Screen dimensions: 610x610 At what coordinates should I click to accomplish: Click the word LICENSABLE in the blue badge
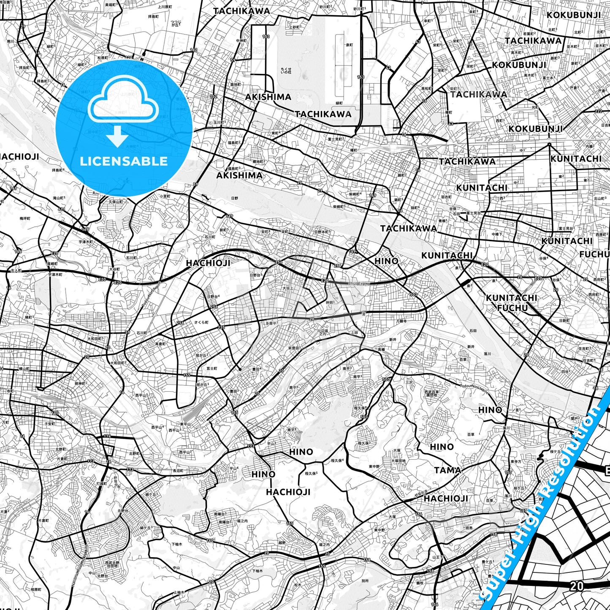pyautogui.click(x=124, y=161)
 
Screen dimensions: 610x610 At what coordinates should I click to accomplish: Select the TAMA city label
pyautogui.click(x=447, y=470)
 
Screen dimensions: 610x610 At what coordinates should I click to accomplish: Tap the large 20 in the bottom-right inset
pyautogui.click(x=577, y=586)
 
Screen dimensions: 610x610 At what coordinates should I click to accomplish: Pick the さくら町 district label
pyautogui.click(x=201, y=322)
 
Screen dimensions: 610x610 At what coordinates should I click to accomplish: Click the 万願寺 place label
pyautogui.click(x=401, y=321)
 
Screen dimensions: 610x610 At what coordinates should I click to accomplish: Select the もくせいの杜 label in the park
pyautogui.click(x=286, y=70)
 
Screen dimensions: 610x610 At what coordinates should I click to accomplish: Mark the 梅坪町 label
pyautogui.click(x=25, y=218)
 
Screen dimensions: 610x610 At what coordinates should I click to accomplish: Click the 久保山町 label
pyautogui.click(x=115, y=202)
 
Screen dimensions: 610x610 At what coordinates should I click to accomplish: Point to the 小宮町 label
pyautogui.click(x=165, y=196)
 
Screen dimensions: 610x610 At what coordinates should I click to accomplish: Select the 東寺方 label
pyautogui.click(x=515, y=461)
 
